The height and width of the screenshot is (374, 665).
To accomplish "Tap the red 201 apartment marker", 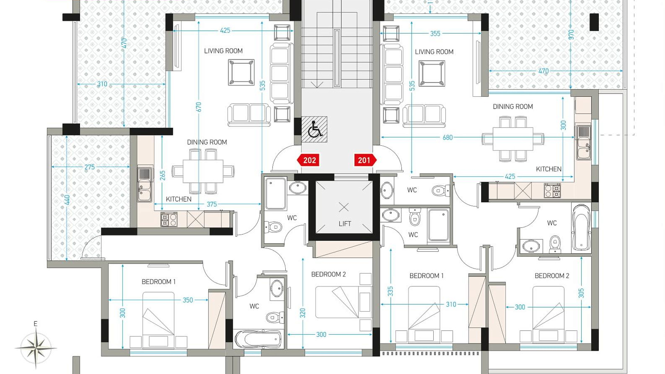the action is point(365,160).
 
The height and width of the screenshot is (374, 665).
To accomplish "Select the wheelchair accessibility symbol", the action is point(314,129).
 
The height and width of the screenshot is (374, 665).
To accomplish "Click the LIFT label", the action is point(345,224).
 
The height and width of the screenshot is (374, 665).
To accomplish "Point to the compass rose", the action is point(36,347).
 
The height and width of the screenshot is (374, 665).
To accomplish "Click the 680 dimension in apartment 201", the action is point(447,137).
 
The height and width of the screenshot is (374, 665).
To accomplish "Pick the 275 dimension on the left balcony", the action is point(89,167).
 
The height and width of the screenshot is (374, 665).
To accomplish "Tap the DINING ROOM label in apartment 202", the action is point(207,142).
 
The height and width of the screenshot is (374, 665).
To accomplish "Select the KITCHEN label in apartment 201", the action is point(549,169).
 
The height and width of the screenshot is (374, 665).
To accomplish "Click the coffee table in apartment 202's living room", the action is point(241,72).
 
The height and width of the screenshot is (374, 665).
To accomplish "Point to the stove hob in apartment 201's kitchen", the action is point(552,190).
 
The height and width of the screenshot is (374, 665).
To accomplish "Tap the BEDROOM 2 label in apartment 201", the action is point(552,276).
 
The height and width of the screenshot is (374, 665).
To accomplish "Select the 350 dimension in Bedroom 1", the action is point(188,300).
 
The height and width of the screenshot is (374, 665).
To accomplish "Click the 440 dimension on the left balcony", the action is point(67,200).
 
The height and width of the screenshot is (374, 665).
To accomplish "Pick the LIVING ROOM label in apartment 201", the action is point(434,52).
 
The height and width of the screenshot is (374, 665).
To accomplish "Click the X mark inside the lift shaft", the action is point(344,207).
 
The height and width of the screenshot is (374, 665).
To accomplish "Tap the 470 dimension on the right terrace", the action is point(543,71).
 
